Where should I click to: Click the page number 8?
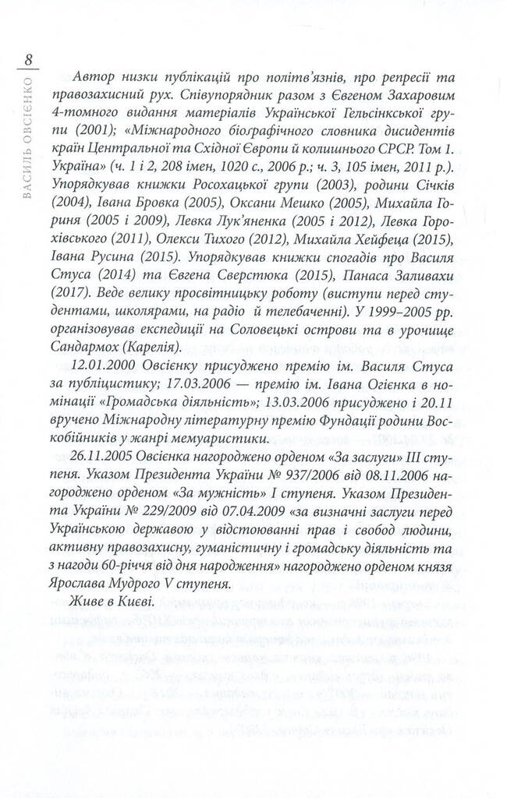pyautogui.click(x=28, y=60)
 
